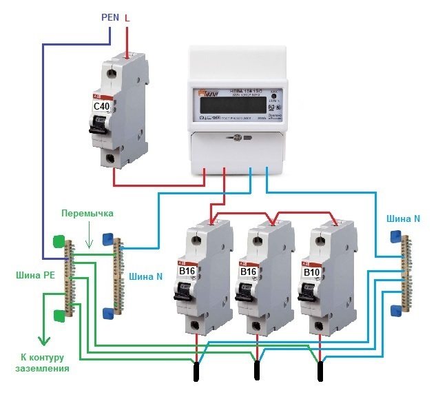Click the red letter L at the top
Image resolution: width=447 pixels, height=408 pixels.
(x=127, y=19)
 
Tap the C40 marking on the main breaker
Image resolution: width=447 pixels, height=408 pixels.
(x=103, y=107)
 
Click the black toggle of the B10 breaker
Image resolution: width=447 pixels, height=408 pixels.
(x=310, y=292)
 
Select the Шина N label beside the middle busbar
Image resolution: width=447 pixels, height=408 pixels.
(x=146, y=277)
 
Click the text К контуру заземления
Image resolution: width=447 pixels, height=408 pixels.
(x=42, y=363)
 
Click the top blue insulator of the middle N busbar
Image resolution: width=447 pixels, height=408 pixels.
(x=107, y=239)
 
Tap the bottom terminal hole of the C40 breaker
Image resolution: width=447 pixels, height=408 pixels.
(x=111, y=159)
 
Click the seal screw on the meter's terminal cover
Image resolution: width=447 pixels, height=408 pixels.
(x=237, y=139)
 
